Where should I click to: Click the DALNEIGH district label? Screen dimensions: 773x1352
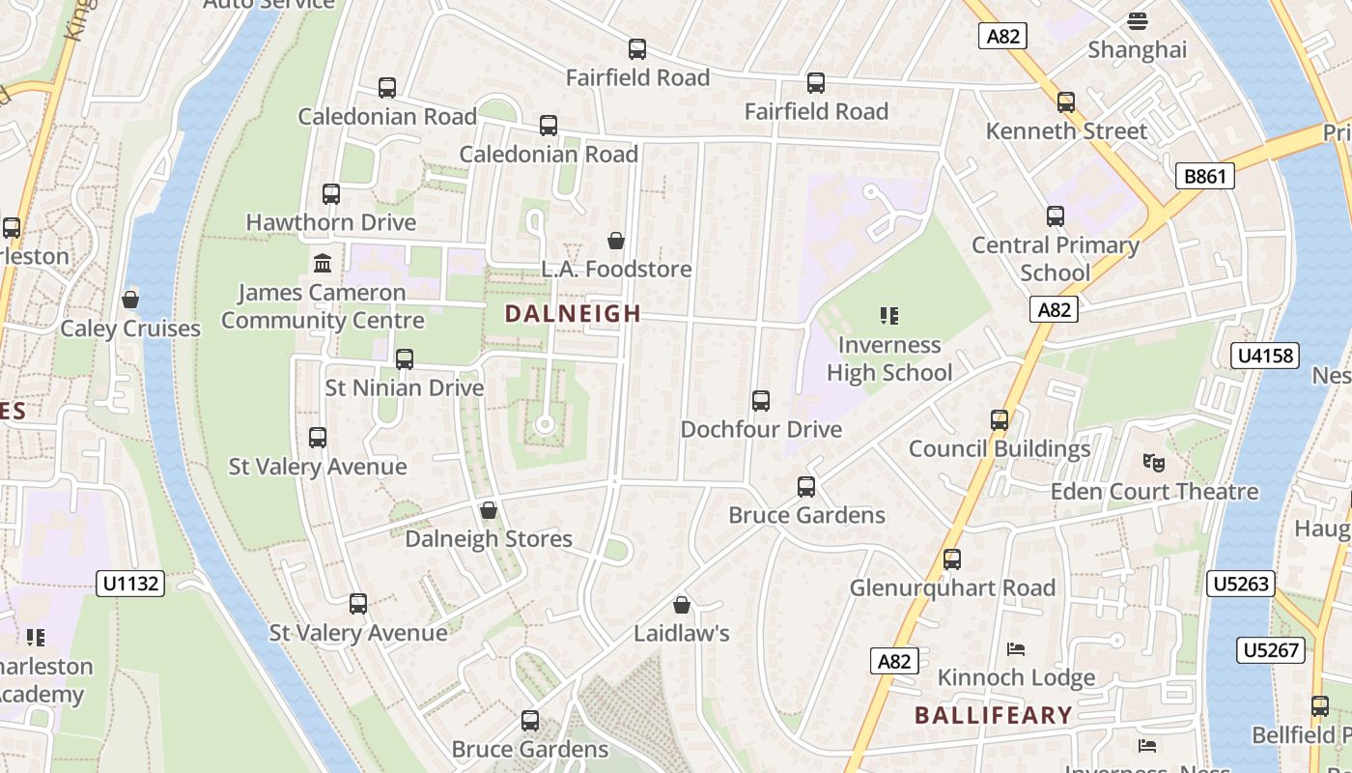[x=573, y=313]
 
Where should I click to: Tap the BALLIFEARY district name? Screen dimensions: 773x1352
[x=993, y=715]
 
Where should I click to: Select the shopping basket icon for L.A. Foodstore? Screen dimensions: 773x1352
[x=616, y=241]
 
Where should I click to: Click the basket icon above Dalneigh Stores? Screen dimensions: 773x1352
[x=489, y=510]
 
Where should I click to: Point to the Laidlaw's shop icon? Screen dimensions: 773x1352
[x=682, y=606]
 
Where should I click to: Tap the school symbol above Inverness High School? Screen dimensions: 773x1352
[x=889, y=316]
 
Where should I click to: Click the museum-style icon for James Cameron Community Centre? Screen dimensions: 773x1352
[x=323, y=263]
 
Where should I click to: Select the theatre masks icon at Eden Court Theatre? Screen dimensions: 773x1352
[x=1154, y=463]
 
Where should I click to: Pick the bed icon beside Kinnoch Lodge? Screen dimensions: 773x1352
[x=1016, y=648]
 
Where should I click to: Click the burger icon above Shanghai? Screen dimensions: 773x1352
[x=1138, y=21]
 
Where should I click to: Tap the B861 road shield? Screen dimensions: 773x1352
[x=1205, y=176]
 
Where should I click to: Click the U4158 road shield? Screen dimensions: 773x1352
[x=1265, y=356]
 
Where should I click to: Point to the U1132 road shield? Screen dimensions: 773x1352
[x=130, y=584]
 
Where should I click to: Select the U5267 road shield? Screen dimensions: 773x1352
[x=1271, y=649]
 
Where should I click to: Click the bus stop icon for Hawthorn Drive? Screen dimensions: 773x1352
[x=331, y=194]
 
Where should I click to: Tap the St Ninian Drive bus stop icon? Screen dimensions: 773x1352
[x=405, y=359]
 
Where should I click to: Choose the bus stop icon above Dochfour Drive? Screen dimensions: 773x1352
[x=761, y=401]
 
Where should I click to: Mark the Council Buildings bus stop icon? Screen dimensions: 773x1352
[x=1000, y=420]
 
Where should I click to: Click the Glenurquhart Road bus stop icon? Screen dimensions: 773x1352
[x=952, y=559]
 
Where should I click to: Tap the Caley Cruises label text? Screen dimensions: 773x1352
[x=130, y=329]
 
